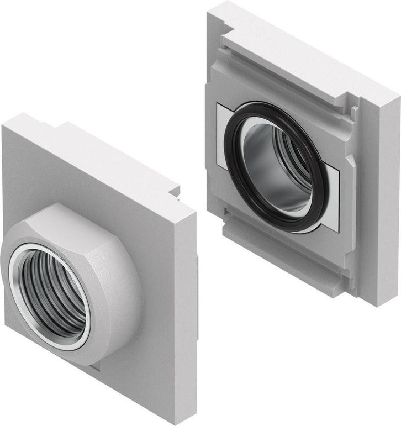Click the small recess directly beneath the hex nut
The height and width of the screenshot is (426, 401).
pos(94,365)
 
